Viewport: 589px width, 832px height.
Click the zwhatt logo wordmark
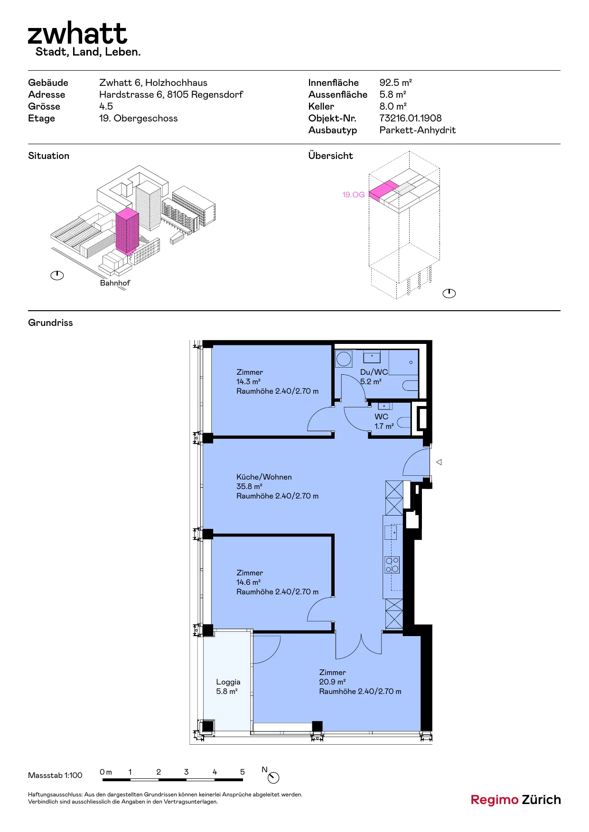[77, 33]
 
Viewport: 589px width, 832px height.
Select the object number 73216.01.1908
[411, 118]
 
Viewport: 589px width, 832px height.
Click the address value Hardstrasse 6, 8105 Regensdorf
[171, 95]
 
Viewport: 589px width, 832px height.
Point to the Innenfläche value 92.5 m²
[395, 83]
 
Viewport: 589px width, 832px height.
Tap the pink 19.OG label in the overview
[354, 194]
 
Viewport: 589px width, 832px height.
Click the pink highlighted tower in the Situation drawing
[127, 231]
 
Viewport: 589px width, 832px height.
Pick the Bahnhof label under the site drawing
[115, 283]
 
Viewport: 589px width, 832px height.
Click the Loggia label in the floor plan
[228, 682]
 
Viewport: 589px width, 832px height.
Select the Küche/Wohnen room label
[264, 477]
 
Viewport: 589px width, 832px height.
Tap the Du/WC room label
[374, 372]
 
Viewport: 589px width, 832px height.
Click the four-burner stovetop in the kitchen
[392, 565]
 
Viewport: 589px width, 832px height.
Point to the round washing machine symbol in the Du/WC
[344, 359]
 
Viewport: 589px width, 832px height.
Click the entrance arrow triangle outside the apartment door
[439, 462]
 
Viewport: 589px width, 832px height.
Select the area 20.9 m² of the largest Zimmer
[332, 682]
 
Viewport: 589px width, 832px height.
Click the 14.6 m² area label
[249, 582]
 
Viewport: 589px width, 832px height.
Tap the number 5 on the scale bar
[243, 772]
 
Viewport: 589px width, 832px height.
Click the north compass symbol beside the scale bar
[273, 777]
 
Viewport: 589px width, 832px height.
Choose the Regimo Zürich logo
[515, 800]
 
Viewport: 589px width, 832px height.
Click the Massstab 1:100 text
[55, 776]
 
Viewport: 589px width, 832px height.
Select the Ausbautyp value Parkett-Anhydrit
[418, 130]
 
